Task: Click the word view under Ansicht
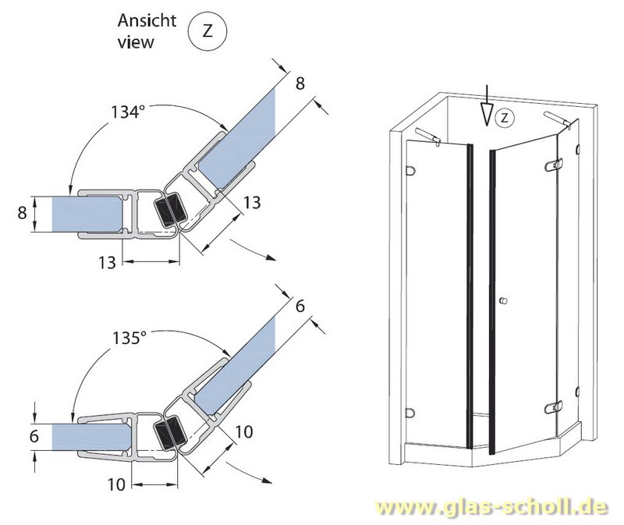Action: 135,41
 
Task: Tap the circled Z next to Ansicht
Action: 207,31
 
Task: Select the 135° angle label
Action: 129,339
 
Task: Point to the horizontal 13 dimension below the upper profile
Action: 108,262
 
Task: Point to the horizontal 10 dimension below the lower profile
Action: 117,484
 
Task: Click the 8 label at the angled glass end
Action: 300,82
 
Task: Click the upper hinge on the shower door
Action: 551,164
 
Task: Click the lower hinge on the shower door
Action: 552,405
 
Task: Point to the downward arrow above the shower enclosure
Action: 485,108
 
